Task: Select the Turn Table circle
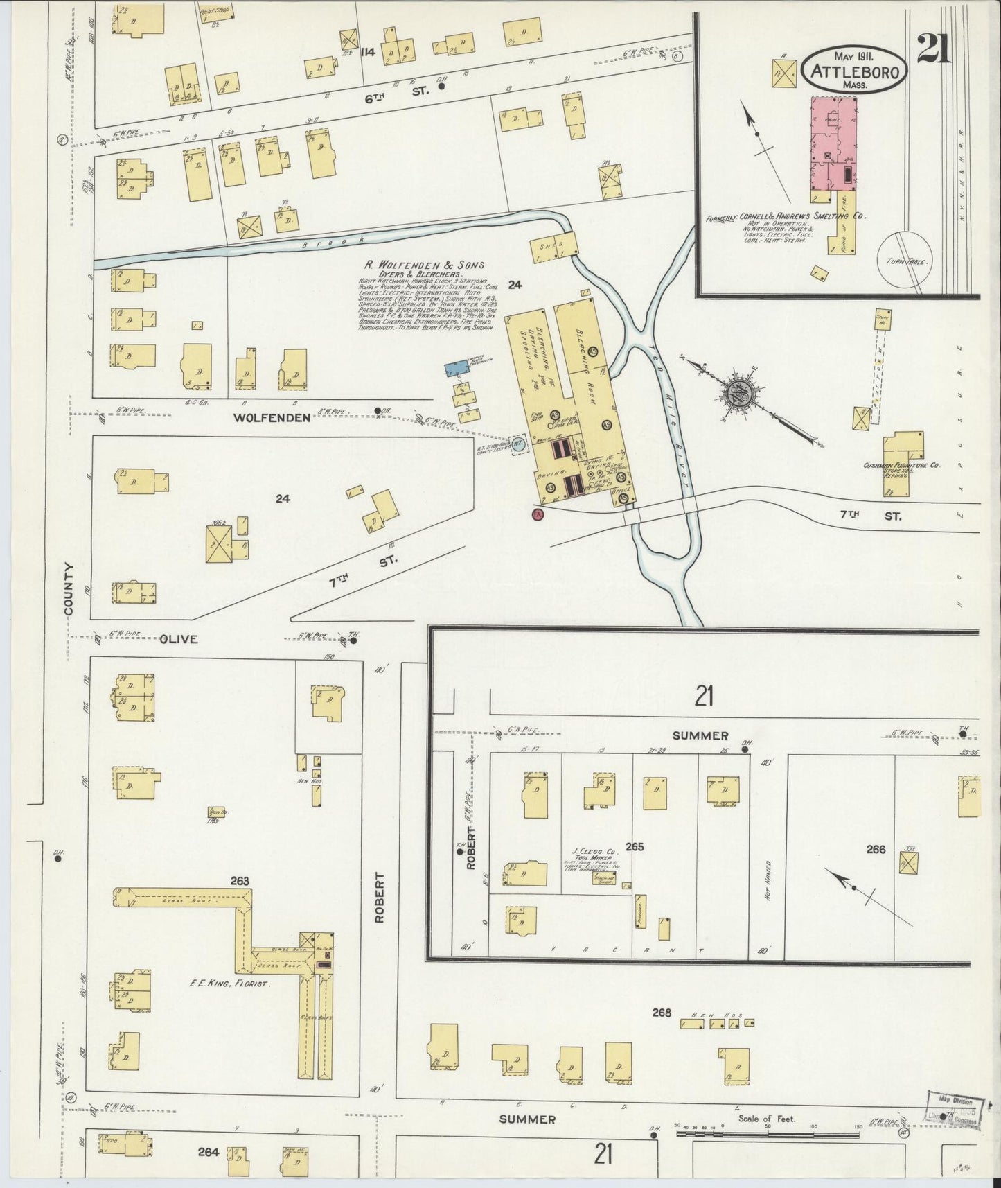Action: click(905, 257)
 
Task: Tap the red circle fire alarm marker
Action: click(536, 514)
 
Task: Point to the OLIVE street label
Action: click(179, 639)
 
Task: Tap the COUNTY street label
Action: click(69, 590)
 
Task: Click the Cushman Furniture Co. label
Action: click(901, 465)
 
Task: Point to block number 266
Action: click(876, 849)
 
